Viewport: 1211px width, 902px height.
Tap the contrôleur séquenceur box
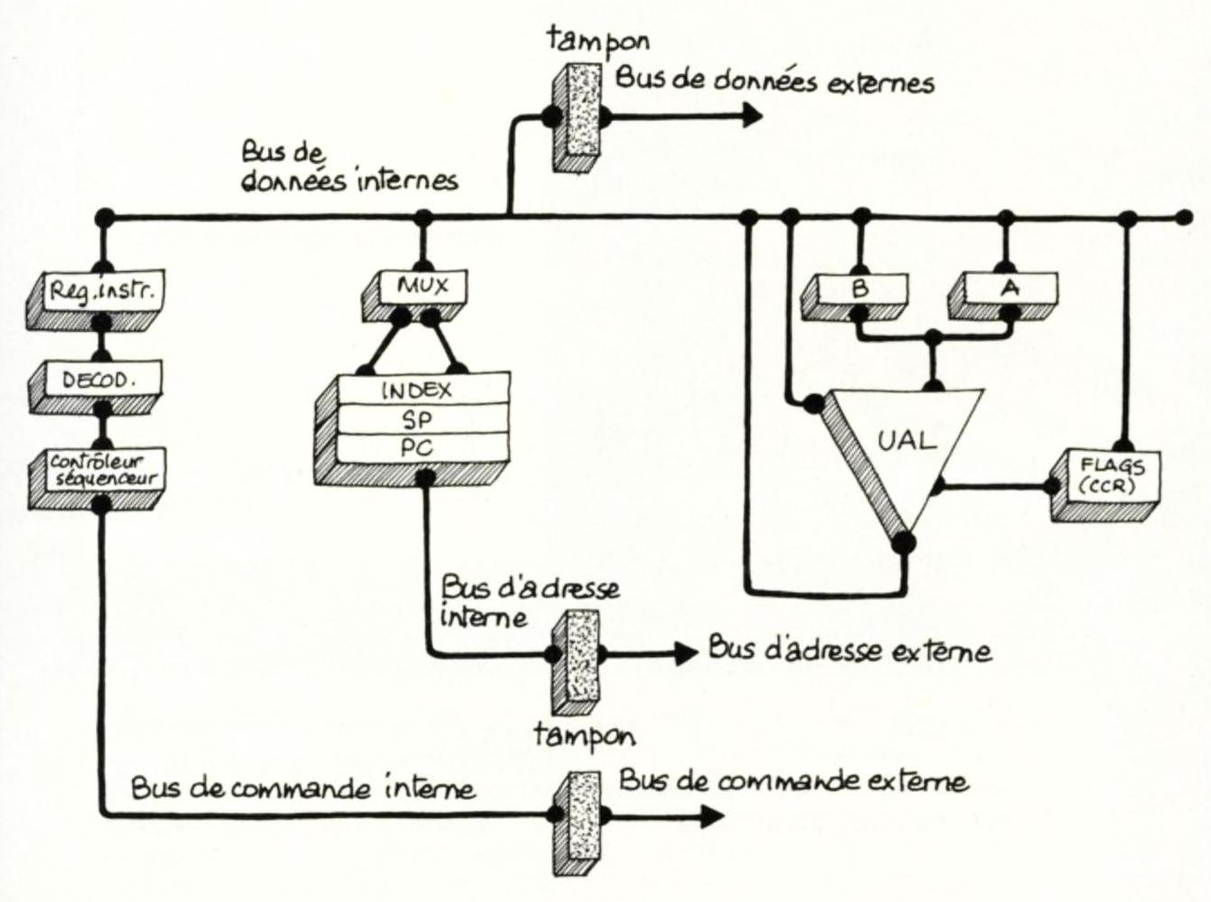click(x=101, y=470)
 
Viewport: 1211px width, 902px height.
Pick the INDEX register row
click(x=418, y=391)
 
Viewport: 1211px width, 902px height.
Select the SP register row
click(x=418, y=419)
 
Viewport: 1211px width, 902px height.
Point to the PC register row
click(x=418, y=447)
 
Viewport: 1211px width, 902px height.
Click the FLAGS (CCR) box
click(x=1110, y=476)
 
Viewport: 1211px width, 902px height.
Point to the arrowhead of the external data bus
click(x=750, y=116)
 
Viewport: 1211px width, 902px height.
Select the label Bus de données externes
click(x=774, y=80)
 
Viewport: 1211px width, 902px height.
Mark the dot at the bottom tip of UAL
click(x=903, y=543)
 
